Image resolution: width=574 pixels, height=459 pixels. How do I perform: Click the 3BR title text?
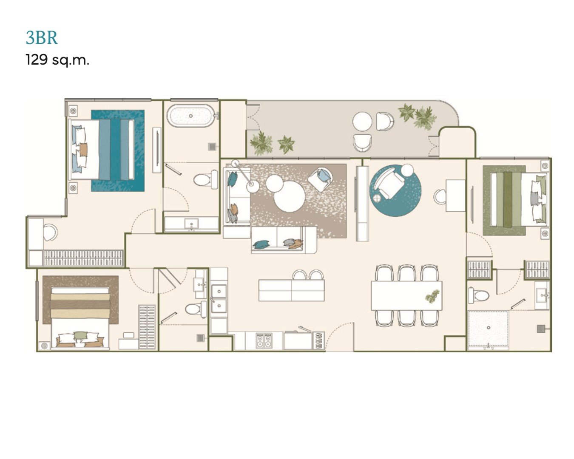coord(42,38)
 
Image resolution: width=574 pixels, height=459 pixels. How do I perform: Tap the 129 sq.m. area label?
coord(57,60)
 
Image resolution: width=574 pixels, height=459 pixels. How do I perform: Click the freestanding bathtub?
coord(191,116)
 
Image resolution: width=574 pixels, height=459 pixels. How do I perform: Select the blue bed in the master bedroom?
coord(102,149)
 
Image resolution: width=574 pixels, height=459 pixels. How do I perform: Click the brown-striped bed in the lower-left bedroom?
coord(80,317)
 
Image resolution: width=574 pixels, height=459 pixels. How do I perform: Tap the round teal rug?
coord(395,191)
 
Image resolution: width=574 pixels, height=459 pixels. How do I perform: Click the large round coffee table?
coord(290,196)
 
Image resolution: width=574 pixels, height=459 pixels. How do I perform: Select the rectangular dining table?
coord(406,295)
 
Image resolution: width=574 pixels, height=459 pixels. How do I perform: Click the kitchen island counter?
coord(292,290)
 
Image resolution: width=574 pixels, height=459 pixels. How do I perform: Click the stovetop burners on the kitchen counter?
coord(264,340)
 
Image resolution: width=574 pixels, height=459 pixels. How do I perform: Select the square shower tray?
coord(488,330)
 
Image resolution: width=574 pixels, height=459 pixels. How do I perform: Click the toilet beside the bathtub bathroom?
coord(205,179)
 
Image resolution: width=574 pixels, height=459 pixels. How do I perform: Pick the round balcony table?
coord(362,122)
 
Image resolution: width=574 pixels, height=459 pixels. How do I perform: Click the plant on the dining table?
coord(432,296)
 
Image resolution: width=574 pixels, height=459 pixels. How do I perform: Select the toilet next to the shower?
coord(478,295)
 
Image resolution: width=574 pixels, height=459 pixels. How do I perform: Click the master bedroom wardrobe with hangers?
coord(83,258)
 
